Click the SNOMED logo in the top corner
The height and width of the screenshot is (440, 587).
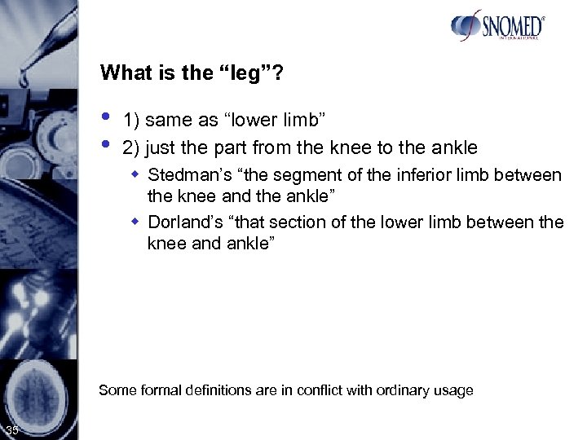(x=497, y=26)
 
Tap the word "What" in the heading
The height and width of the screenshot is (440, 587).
(x=122, y=73)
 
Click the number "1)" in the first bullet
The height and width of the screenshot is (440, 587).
(x=130, y=121)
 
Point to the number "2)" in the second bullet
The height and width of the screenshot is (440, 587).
(x=130, y=147)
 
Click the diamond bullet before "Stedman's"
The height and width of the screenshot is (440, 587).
(x=139, y=174)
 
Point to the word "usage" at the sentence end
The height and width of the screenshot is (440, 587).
(x=454, y=391)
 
